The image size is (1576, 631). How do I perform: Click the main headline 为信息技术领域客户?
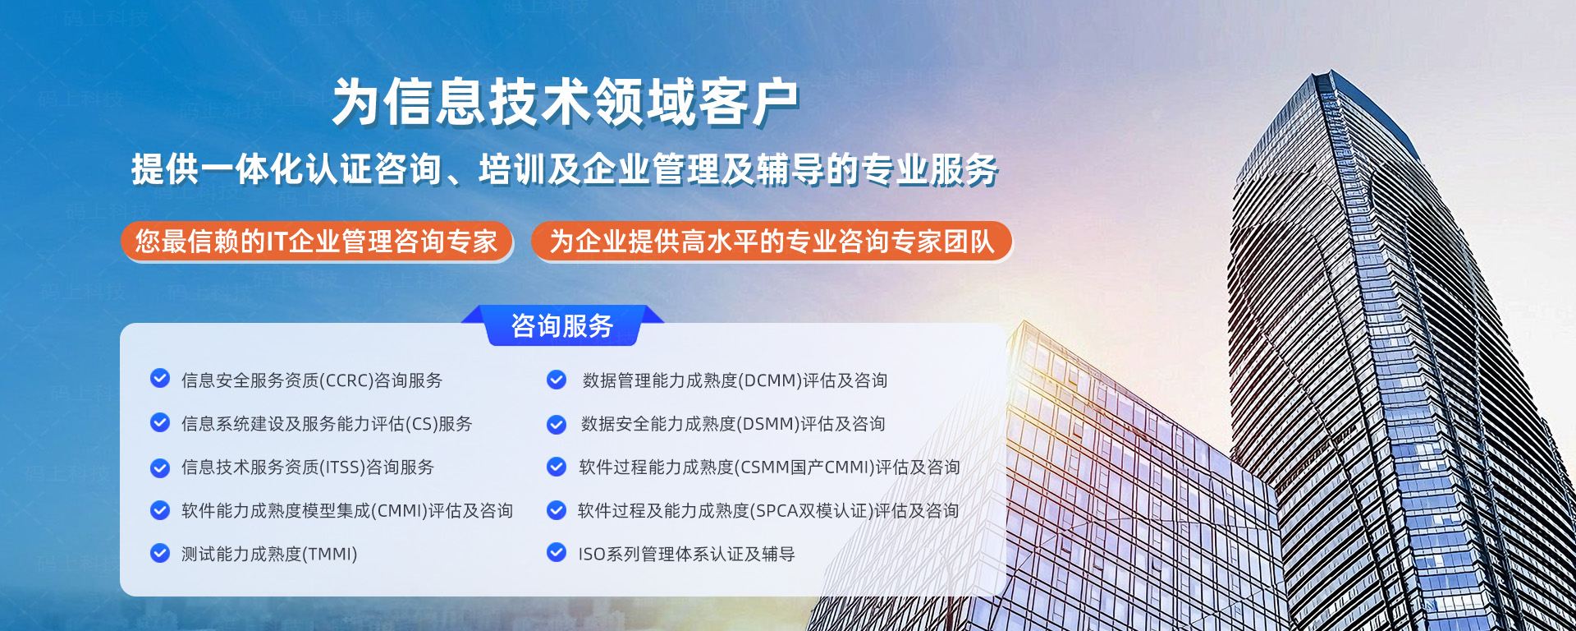click(x=566, y=103)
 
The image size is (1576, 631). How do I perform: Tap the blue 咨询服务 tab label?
click(x=562, y=326)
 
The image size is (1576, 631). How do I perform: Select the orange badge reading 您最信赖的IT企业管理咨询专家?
click(x=316, y=242)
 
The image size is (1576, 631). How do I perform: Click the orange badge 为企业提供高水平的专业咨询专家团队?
click(x=772, y=242)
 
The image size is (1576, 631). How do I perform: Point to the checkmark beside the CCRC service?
click(x=160, y=379)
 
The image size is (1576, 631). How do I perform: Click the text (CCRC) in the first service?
click(x=346, y=380)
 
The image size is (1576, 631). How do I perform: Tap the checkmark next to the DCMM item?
click(x=557, y=380)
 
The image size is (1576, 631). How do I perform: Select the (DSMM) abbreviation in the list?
click(x=767, y=424)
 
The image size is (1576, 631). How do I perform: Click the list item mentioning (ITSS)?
click(x=308, y=467)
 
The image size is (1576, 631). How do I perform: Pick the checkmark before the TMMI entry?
click(x=160, y=553)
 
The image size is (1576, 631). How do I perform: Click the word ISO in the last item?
click(x=592, y=555)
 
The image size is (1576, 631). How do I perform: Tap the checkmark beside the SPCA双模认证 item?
click(x=557, y=510)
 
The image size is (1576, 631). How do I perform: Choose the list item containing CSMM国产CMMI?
click(x=769, y=467)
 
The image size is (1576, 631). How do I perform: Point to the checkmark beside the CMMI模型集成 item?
click(x=160, y=510)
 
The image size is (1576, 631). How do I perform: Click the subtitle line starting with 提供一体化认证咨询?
click(x=565, y=169)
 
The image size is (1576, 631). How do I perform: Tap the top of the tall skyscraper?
click(x=1330, y=74)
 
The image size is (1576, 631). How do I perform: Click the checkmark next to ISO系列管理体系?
click(x=557, y=553)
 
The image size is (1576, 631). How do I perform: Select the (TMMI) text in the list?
click(x=330, y=555)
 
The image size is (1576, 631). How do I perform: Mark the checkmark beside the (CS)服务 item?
click(x=160, y=422)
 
